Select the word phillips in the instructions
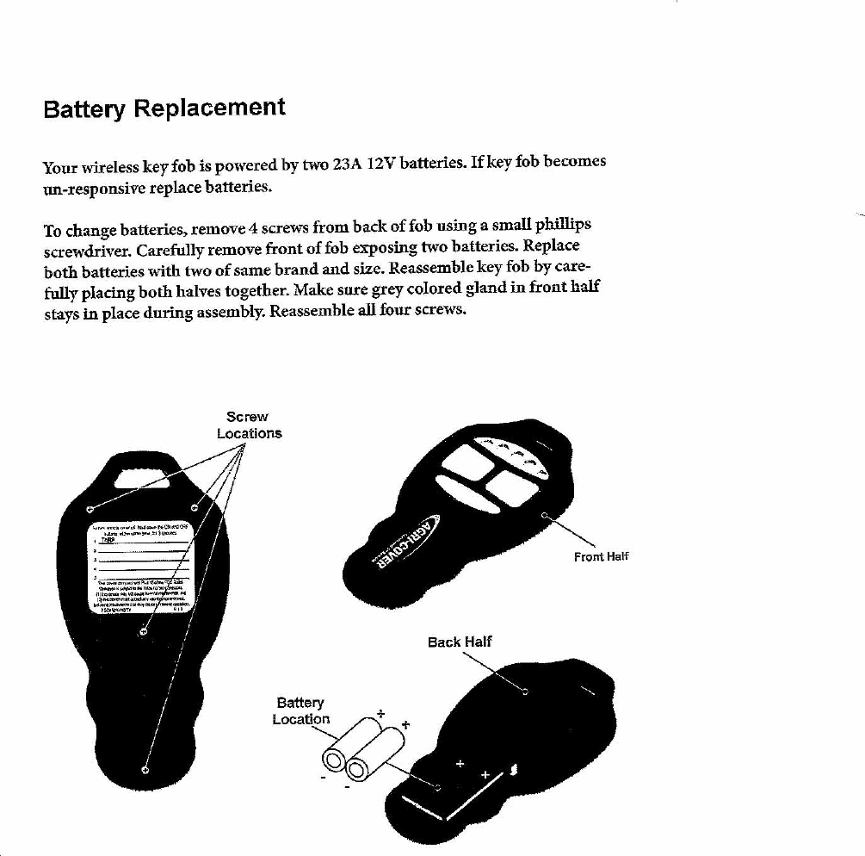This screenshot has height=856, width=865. click(562, 225)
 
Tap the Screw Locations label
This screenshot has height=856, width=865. click(249, 425)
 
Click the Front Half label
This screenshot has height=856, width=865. click(602, 556)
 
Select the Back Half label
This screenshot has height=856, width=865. click(460, 642)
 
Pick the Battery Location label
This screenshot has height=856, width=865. click(300, 711)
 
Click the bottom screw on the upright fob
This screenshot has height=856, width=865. click(145, 769)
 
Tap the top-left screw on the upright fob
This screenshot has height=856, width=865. click(90, 506)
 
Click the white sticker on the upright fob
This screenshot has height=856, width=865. click(143, 568)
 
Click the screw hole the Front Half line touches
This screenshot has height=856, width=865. click(544, 515)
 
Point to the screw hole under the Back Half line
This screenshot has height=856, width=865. click(525, 689)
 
